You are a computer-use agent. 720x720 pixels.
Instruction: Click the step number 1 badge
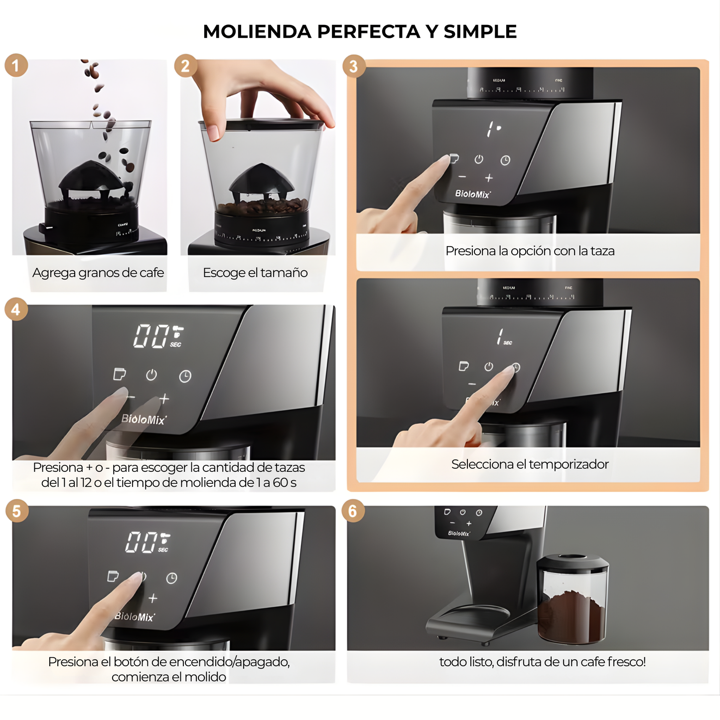[x=16, y=66]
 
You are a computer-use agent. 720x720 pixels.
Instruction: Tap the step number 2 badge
[x=185, y=66]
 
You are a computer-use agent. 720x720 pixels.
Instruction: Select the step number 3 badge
[x=354, y=66]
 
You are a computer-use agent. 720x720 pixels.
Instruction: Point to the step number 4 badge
[x=16, y=309]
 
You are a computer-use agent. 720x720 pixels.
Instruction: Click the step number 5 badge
[x=16, y=511]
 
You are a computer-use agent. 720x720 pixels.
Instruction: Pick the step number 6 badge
[x=353, y=511]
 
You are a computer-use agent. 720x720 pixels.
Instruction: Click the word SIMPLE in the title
[x=480, y=31]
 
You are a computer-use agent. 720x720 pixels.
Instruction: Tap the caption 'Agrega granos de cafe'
[x=98, y=273]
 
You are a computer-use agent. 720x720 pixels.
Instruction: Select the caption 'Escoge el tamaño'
[x=255, y=273]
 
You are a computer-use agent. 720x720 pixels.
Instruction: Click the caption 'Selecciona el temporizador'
[x=530, y=464]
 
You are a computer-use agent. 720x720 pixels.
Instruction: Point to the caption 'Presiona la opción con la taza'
[x=530, y=251]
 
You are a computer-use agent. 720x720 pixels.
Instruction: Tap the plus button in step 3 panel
[x=489, y=178]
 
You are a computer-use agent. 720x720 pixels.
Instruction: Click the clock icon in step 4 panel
[x=185, y=376]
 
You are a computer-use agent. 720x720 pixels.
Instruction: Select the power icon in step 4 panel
[x=151, y=375]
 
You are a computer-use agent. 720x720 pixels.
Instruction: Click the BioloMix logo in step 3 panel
[x=472, y=194]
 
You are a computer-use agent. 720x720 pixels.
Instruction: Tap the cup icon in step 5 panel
[x=113, y=576]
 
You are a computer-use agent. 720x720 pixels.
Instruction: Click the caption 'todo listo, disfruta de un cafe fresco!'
[x=542, y=662]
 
